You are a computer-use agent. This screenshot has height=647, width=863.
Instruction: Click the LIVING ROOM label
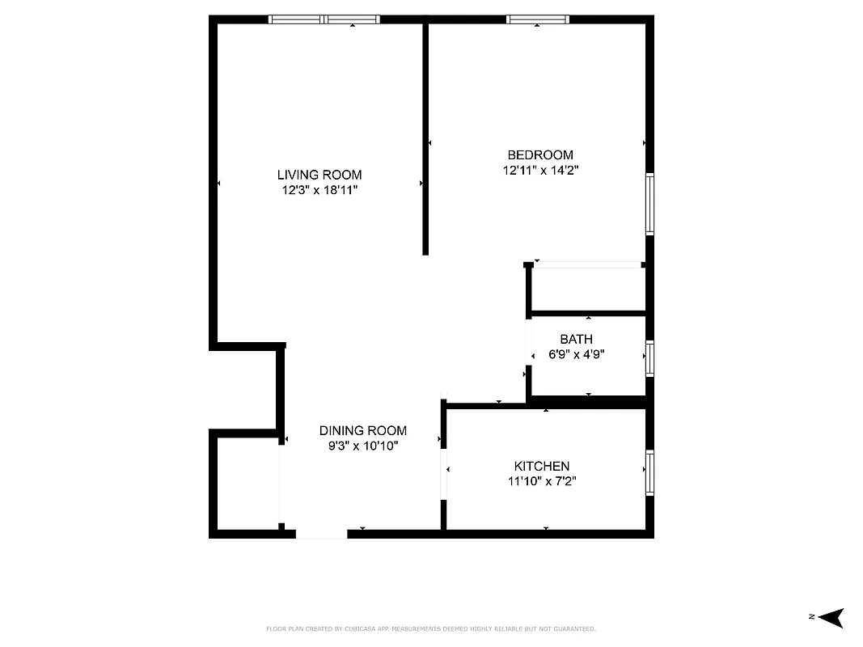319,175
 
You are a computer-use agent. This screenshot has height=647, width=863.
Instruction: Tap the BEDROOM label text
540,155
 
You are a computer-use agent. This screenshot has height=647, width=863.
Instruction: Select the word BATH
576,340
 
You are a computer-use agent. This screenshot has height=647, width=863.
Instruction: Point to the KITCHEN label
542,467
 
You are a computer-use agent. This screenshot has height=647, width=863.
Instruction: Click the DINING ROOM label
362,431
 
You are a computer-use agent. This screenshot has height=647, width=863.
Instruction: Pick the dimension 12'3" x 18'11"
319,190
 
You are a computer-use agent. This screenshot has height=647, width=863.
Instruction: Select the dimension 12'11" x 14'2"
540,171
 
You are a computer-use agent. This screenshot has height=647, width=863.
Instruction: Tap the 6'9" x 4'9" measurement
576,354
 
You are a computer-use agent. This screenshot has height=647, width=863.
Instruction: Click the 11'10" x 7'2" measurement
542,481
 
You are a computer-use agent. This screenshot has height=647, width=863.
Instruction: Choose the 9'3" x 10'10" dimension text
362,446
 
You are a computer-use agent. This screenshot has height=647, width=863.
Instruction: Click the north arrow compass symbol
830,618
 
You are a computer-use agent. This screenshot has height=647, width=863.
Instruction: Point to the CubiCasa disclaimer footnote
431,628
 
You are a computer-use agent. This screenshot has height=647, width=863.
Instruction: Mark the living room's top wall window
324,19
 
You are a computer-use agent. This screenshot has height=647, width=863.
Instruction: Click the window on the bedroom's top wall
538,19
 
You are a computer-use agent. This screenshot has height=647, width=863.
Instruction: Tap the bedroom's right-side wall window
649,204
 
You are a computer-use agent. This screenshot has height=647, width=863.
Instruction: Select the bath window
649,358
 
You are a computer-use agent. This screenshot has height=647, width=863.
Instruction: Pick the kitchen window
649,473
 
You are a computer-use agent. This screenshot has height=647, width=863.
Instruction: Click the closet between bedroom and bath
588,288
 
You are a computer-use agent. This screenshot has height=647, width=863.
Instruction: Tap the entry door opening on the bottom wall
322,534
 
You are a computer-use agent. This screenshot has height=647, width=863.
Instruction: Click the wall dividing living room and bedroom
425,137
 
